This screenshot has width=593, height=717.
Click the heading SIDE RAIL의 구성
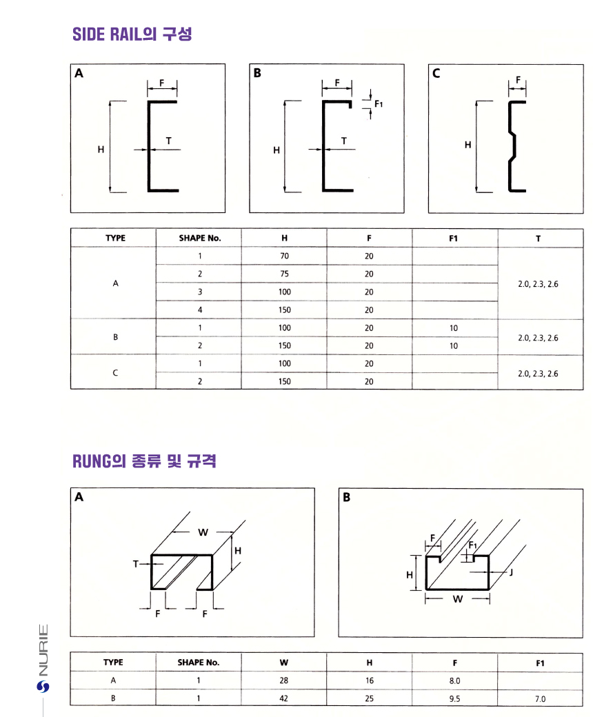coord(132,34)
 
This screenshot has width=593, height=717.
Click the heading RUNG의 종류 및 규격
coord(144,461)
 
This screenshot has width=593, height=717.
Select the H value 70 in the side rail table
coord(284,256)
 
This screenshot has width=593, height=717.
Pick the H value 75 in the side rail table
coord(284,274)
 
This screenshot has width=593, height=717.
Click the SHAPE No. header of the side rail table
coord(199,238)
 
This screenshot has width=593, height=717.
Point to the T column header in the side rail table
coord(538,238)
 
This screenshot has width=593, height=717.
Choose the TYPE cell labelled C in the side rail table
coord(114,372)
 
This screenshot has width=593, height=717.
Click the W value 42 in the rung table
coord(284,698)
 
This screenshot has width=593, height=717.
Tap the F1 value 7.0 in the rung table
coord(539,698)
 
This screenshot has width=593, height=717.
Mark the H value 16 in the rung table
coord(369,680)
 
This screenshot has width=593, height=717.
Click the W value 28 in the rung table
coord(284,680)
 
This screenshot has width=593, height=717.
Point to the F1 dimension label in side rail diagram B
coord(379,104)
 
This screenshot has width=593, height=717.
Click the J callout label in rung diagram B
coord(511,572)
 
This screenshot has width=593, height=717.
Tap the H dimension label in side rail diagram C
coord(468,145)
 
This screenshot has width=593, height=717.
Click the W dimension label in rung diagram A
coord(203,532)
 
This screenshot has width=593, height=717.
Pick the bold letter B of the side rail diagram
coord(258,73)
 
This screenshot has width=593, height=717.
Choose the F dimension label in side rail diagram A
coord(161,83)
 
